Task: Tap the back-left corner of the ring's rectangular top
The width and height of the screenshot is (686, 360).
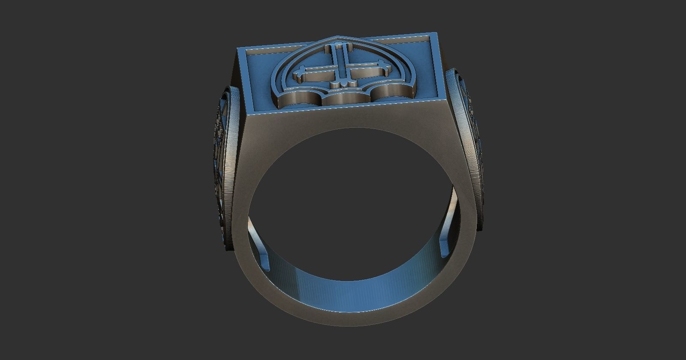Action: coord(238,49)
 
